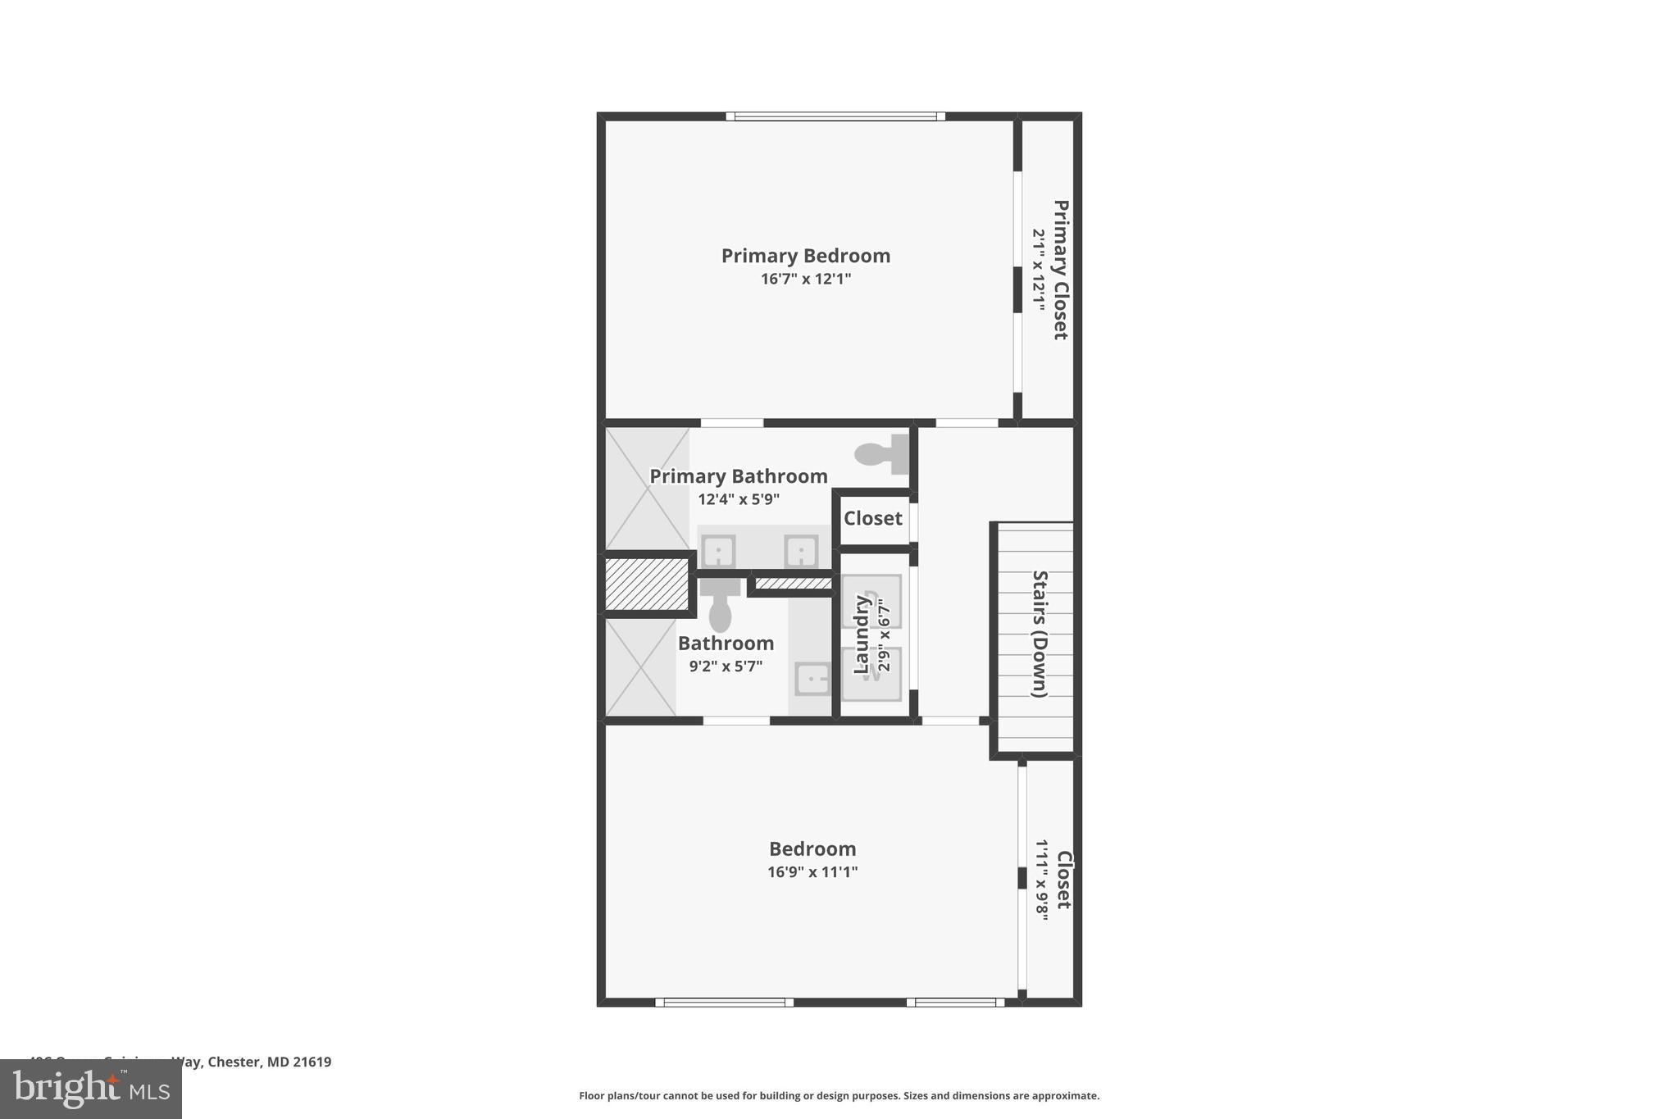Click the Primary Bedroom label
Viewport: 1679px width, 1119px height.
(805, 256)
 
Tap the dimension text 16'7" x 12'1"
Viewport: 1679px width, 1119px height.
(805, 279)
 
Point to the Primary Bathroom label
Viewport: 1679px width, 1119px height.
(738, 476)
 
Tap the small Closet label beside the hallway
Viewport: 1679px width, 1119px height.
(872, 518)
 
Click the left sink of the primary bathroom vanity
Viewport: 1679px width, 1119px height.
(718, 551)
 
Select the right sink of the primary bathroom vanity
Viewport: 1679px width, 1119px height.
(800, 551)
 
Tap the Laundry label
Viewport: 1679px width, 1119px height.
(861, 635)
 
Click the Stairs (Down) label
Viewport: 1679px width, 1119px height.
(1040, 634)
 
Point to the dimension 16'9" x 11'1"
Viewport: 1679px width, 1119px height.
(812, 872)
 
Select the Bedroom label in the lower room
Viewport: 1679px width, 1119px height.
(812, 849)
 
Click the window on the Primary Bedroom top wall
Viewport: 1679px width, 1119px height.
(835, 116)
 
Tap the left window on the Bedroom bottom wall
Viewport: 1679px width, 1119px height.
(724, 1002)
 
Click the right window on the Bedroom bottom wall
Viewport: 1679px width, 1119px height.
(955, 1002)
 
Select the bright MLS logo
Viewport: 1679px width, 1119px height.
(91, 1089)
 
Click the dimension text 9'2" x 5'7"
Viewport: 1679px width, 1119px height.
(726, 666)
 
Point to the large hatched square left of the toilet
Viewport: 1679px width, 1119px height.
(646, 584)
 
